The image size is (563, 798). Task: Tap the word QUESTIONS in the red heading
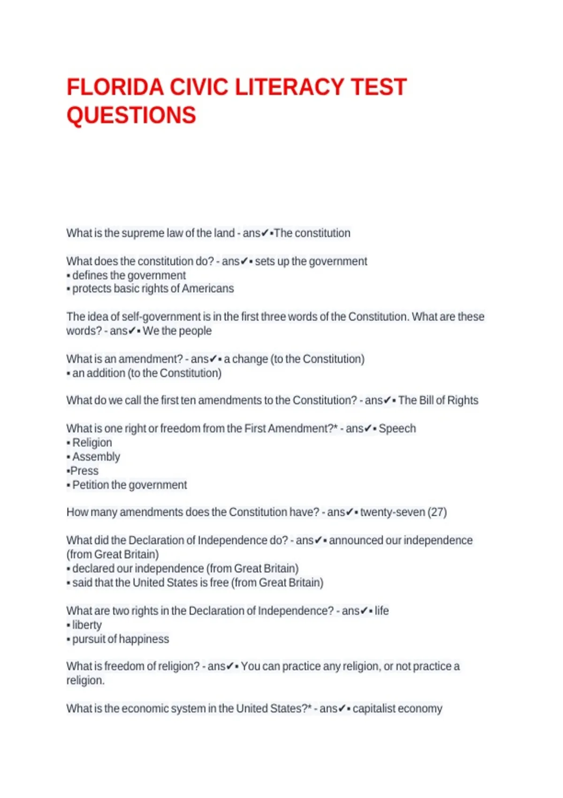[x=131, y=115]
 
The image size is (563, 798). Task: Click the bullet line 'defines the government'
[x=129, y=275]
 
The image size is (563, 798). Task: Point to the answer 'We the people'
[x=177, y=331]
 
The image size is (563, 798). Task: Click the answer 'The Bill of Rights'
[x=438, y=400]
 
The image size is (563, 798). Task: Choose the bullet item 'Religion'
[x=92, y=443]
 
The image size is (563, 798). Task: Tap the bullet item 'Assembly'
[x=96, y=457]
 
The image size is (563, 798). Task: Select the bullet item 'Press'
[x=84, y=471]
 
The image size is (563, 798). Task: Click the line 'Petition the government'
[x=129, y=485]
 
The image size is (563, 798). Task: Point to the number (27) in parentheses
[x=437, y=512]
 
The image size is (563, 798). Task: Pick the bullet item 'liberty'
[x=87, y=625]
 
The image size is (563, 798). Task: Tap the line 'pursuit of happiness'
[x=121, y=639]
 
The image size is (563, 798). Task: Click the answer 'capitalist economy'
[x=397, y=708]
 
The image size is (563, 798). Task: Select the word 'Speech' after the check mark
[x=397, y=429]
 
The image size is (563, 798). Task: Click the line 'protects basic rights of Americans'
[x=153, y=289]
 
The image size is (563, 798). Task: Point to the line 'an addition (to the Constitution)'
[x=146, y=373]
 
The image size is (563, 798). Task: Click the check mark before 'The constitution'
[x=265, y=233]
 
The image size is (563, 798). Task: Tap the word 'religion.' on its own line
[x=85, y=680]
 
